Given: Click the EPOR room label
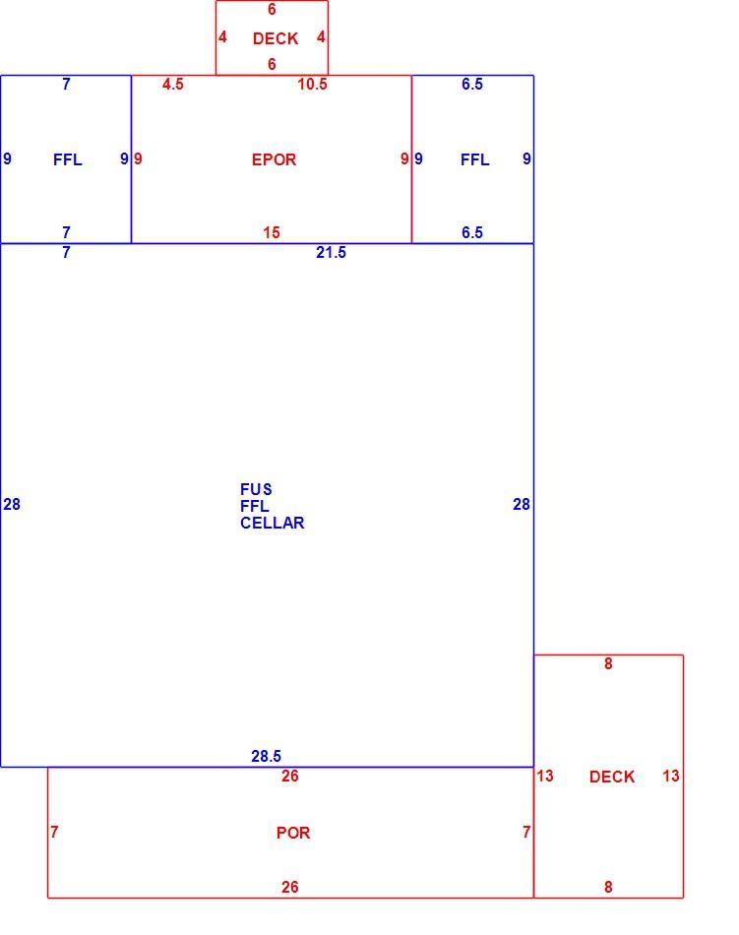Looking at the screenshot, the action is [x=274, y=159].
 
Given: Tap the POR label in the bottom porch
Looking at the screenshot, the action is [x=292, y=833].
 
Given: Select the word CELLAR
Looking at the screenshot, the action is [x=273, y=523].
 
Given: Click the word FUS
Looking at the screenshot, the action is [x=256, y=489].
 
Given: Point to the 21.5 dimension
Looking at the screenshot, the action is [x=331, y=252].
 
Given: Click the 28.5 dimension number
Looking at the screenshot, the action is [x=266, y=756].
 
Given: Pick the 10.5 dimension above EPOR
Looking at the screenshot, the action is [x=312, y=84].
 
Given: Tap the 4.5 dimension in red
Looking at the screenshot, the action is [x=173, y=84].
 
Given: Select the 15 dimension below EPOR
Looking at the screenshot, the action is [x=272, y=232].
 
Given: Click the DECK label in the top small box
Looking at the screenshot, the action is [x=276, y=38].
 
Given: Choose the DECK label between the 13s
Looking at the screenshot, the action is [x=612, y=777].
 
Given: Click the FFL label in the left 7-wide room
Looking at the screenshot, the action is [x=67, y=159].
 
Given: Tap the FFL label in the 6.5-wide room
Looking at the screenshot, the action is [x=475, y=159].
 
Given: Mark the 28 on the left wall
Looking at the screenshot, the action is [x=12, y=505].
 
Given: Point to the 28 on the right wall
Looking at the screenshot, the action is [x=522, y=505].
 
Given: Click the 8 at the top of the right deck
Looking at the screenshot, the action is [x=608, y=663].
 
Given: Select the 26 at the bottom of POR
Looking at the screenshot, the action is [x=289, y=888].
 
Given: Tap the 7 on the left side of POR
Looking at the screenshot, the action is [x=54, y=832].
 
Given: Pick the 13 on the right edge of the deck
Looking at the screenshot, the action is [x=670, y=776].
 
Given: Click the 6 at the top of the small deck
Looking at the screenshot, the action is [x=272, y=10].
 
